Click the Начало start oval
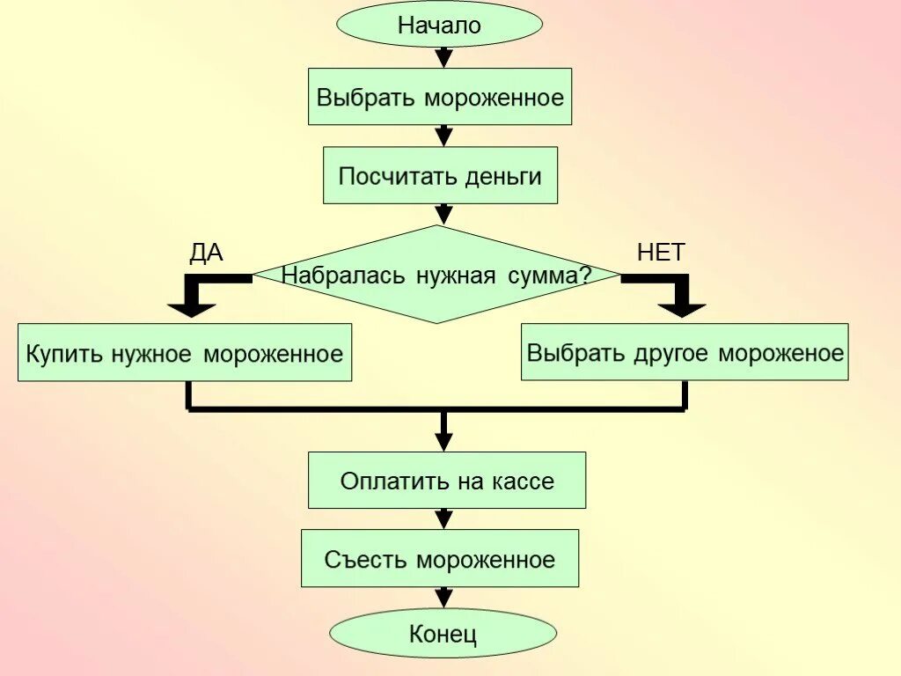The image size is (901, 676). pos(440,25)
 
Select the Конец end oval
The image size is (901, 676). pos(443,633)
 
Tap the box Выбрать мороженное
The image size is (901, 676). pos(440,96)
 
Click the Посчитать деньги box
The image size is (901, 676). pos(440,175)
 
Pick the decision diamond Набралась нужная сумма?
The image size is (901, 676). pos(437,275)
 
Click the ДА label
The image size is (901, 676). pos(207,253)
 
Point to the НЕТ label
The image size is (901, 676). pos(661,253)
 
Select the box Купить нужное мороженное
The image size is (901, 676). pos(185,353)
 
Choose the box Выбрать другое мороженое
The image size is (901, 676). pos(685,352)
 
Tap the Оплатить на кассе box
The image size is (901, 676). pos(447,481)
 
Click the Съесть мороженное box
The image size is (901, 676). pos(440,559)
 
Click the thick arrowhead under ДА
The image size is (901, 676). pos(192,308)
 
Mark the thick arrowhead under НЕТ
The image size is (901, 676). pos(683,308)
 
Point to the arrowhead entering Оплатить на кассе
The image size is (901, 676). pos(444,443)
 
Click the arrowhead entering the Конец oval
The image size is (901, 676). pos(444,599)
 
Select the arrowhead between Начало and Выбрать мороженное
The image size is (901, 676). pos(444,58)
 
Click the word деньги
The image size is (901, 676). pos(506,176)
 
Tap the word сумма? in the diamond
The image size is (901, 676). pos(550,276)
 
